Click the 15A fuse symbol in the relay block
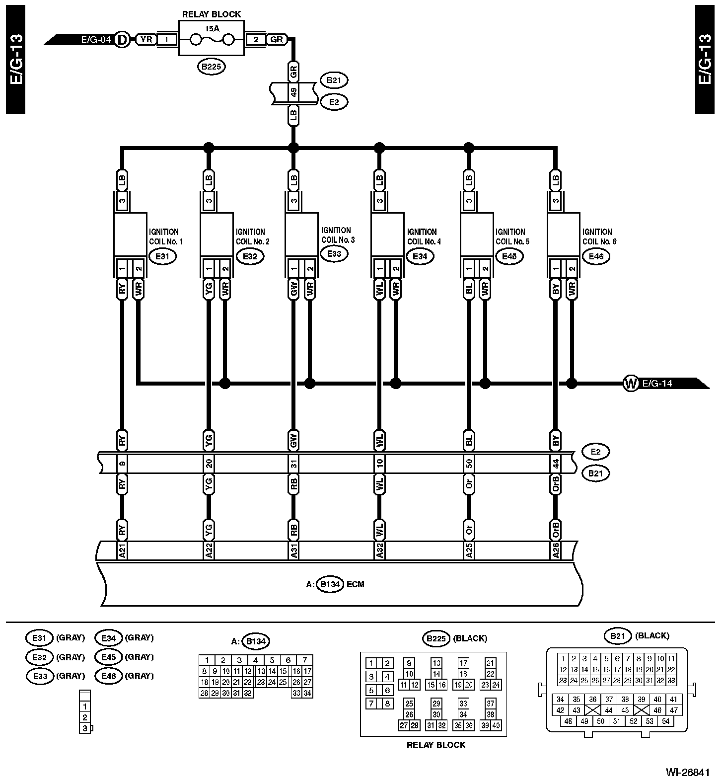211,39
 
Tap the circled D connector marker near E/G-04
121,39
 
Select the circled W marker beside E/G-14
630,384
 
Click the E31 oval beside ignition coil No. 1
163,256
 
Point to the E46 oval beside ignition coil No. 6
596,256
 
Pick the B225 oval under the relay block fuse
211,67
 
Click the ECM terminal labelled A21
122,550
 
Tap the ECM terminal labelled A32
379,550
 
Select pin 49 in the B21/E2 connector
293,93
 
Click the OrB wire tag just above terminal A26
556,530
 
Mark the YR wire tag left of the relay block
146,39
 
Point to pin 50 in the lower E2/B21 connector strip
469,464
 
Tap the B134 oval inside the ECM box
330,584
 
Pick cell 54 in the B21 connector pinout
666,721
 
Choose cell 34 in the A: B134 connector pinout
307,693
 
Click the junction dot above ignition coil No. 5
468,147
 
